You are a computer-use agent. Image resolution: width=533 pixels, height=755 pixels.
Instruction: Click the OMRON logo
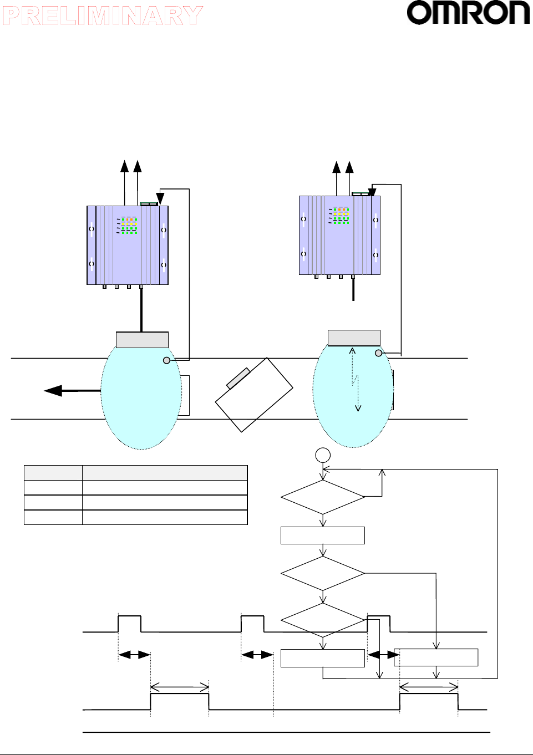tap(468, 13)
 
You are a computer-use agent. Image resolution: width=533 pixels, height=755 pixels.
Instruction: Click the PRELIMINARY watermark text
tap(103, 16)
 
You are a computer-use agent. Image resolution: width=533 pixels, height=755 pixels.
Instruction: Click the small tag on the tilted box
tap(238, 377)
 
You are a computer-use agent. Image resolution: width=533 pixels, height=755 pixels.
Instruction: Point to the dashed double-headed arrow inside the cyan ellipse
tap(355, 380)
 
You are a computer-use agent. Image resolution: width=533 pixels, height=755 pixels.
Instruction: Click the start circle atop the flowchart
tap(323, 455)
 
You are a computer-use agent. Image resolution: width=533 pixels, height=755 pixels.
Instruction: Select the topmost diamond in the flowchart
tap(323, 497)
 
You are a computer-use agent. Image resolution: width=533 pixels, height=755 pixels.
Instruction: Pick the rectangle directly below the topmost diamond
tap(323, 535)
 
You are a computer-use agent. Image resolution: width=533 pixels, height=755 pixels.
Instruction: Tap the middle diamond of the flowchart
tap(323, 573)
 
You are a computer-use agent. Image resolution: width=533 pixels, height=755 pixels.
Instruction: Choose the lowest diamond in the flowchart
tap(323, 620)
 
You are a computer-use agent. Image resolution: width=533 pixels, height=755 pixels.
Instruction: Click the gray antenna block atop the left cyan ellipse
tap(142, 340)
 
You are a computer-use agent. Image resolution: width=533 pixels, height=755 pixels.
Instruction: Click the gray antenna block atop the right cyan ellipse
tap(354, 338)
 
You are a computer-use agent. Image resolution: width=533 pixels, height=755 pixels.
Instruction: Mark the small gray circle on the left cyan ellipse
tap(166, 360)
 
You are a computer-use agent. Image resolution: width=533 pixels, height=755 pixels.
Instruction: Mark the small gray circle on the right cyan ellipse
tap(378, 353)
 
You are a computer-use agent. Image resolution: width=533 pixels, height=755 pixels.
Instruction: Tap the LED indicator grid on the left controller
tap(129, 226)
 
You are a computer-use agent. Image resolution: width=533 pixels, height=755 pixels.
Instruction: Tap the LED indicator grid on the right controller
tap(341, 216)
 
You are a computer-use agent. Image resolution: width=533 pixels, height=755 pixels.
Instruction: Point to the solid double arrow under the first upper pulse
tap(134, 655)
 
